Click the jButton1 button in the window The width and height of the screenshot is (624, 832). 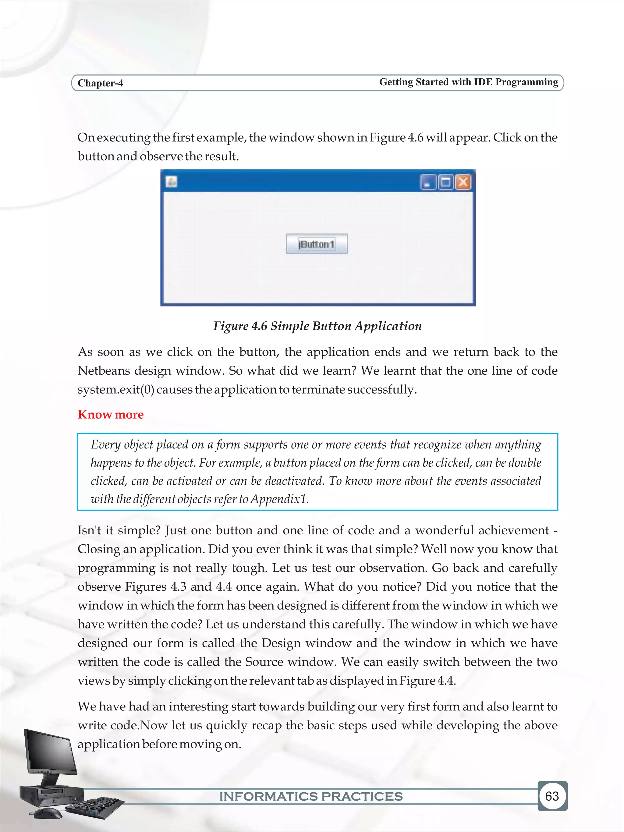tap(316, 244)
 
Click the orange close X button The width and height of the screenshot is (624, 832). tap(463, 182)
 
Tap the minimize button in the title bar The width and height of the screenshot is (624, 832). tap(427, 182)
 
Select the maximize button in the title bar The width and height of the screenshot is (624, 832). tap(446, 182)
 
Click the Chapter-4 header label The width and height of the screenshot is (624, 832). tap(100, 83)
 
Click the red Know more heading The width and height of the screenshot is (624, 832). tap(111, 415)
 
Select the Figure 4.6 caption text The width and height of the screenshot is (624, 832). tap(317, 326)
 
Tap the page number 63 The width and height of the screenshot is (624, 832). tap(552, 796)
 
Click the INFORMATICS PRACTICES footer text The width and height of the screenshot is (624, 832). tap(311, 797)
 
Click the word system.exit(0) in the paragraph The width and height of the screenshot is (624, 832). tap(115, 390)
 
